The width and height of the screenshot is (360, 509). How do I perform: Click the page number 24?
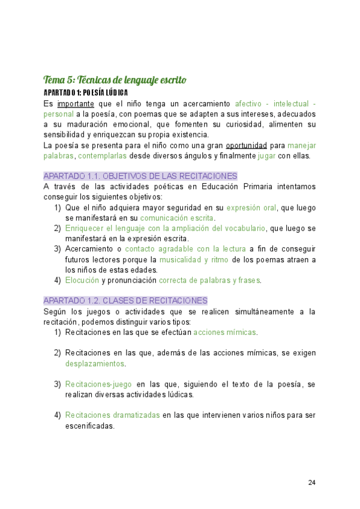tap(311, 483)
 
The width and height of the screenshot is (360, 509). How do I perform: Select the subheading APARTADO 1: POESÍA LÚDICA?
tap(85, 92)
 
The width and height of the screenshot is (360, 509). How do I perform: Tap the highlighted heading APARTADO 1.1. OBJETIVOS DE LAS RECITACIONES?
tap(140, 176)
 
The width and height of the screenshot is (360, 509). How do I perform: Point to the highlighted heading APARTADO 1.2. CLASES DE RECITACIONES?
tap(125, 300)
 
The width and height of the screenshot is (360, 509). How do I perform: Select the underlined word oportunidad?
tap(246, 145)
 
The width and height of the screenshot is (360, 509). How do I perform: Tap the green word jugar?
tap(266, 155)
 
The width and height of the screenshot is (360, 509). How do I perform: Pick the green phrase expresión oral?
tap(251, 208)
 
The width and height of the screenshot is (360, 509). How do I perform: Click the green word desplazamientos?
tap(95, 363)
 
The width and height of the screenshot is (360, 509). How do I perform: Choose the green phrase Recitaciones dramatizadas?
tap(112, 415)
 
